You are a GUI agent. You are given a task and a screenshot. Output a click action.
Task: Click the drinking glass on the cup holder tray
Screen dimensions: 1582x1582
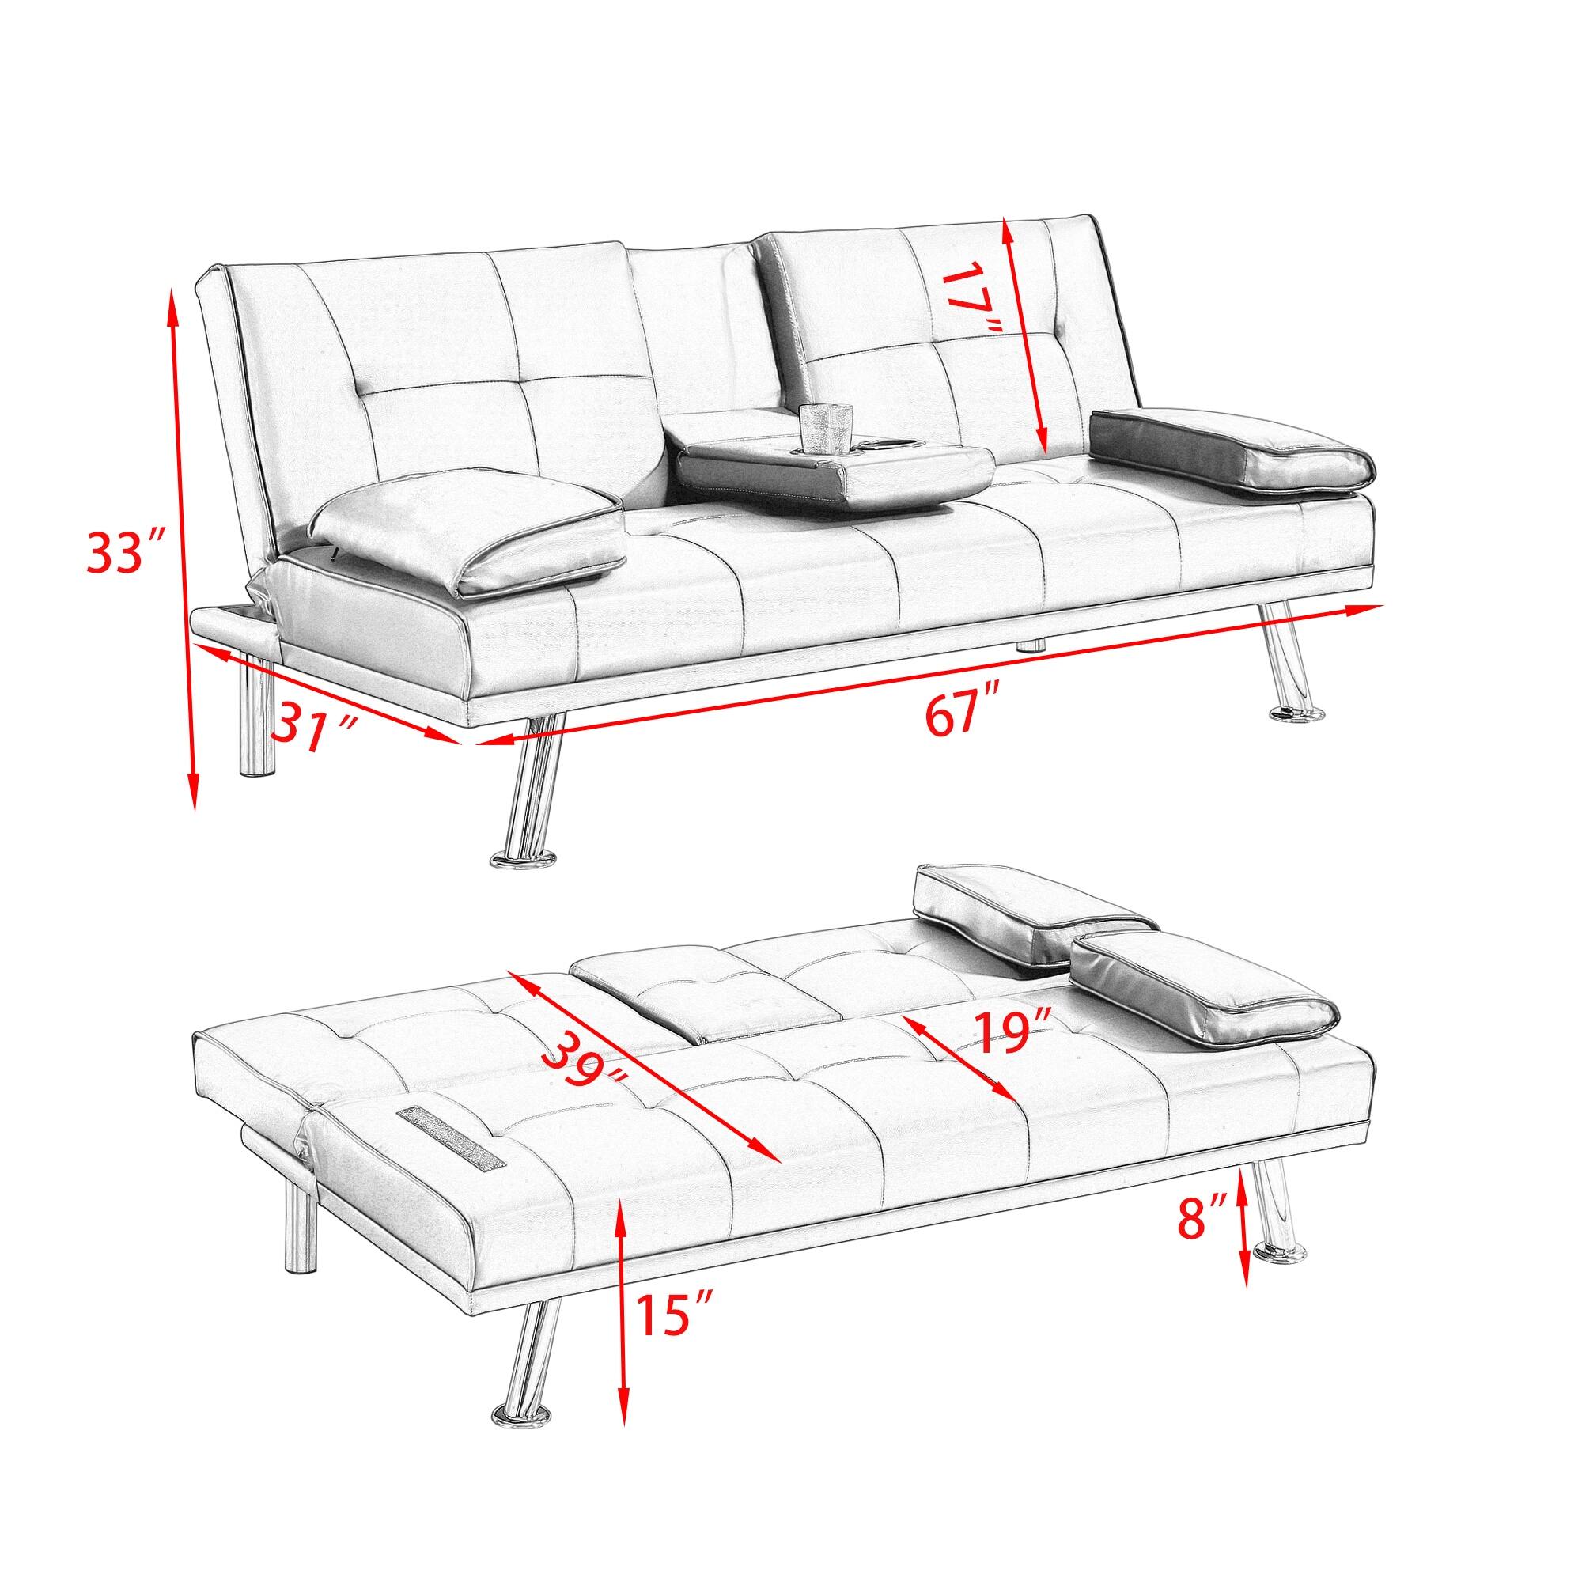point(821,427)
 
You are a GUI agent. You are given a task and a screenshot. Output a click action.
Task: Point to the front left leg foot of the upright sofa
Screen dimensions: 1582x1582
point(520,860)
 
